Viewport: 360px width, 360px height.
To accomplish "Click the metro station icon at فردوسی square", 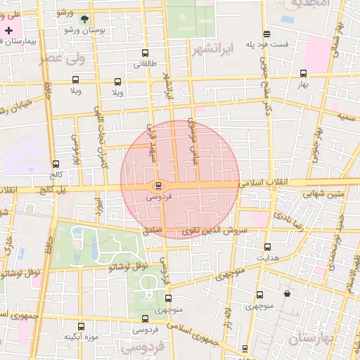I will pyautogui.click(x=157, y=186).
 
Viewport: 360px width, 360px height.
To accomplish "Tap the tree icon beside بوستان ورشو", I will pyautogui.click(x=85, y=19).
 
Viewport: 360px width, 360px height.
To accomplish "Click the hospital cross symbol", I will pyautogui.click(x=8, y=31).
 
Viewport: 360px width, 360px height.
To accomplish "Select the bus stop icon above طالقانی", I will pyautogui.click(x=145, y=53).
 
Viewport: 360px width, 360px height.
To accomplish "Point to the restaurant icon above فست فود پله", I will pyautogui.click(x=266, y=34).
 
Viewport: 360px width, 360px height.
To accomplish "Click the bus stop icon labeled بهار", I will pyautogui.click(x=303, y=73).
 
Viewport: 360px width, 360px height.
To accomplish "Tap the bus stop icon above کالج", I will pyautogui.click(x=55, y=163).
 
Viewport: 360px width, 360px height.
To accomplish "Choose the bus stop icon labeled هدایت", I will pyautogui.click(x=267, y=247).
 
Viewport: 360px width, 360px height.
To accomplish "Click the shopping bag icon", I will pyautogui.click(x=287, y=293).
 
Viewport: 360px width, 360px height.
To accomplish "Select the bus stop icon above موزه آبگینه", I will pyautogui.click(x=81, y=326).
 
